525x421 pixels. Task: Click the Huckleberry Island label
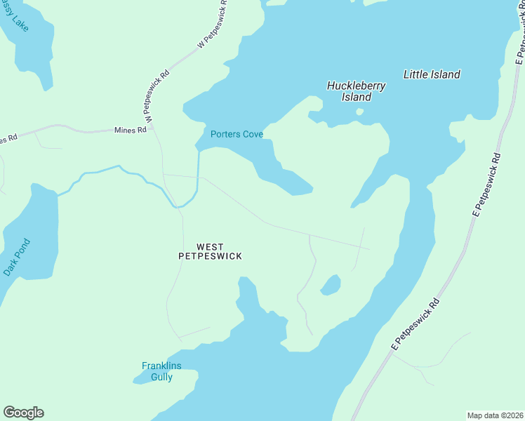[x=356, y=91]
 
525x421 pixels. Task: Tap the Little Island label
[x=432, y=74]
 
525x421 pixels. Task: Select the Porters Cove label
[x=237, y=134]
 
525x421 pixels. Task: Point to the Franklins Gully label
[x=162, y=371]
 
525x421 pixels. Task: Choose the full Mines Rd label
[x=131, y=130]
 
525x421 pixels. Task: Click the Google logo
[x=23, y=413]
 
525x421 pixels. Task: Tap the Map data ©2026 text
[x=495, y=415]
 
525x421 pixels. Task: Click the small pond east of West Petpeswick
[x=330, y=285]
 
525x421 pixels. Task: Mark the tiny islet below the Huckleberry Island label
[x=359, y=111]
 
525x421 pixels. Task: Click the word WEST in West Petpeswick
[x=210, y=246]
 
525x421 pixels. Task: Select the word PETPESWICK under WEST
[x=210, y=256]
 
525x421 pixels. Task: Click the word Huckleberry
[x=356, y=86]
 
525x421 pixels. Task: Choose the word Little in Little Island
[x=415, y=74]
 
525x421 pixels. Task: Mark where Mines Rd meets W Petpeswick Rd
[x=152, y=128]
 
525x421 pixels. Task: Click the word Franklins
[x=162, y=366]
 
